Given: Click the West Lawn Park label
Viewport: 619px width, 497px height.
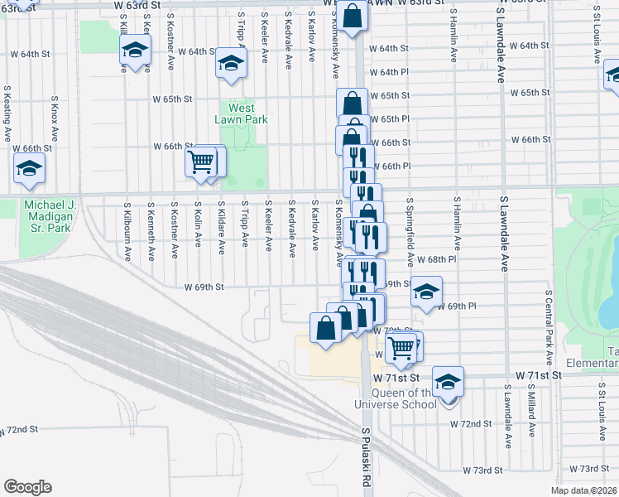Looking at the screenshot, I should [241, 113].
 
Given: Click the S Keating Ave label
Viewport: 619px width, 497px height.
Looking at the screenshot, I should [7, 114].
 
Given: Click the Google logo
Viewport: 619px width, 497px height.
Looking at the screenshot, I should [27, 487].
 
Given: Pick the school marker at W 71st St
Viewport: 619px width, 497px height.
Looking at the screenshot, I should [448, 381].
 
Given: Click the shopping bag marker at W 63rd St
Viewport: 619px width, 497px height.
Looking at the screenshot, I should [351, 16].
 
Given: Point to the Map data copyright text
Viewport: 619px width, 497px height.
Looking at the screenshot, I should [584, 490].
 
